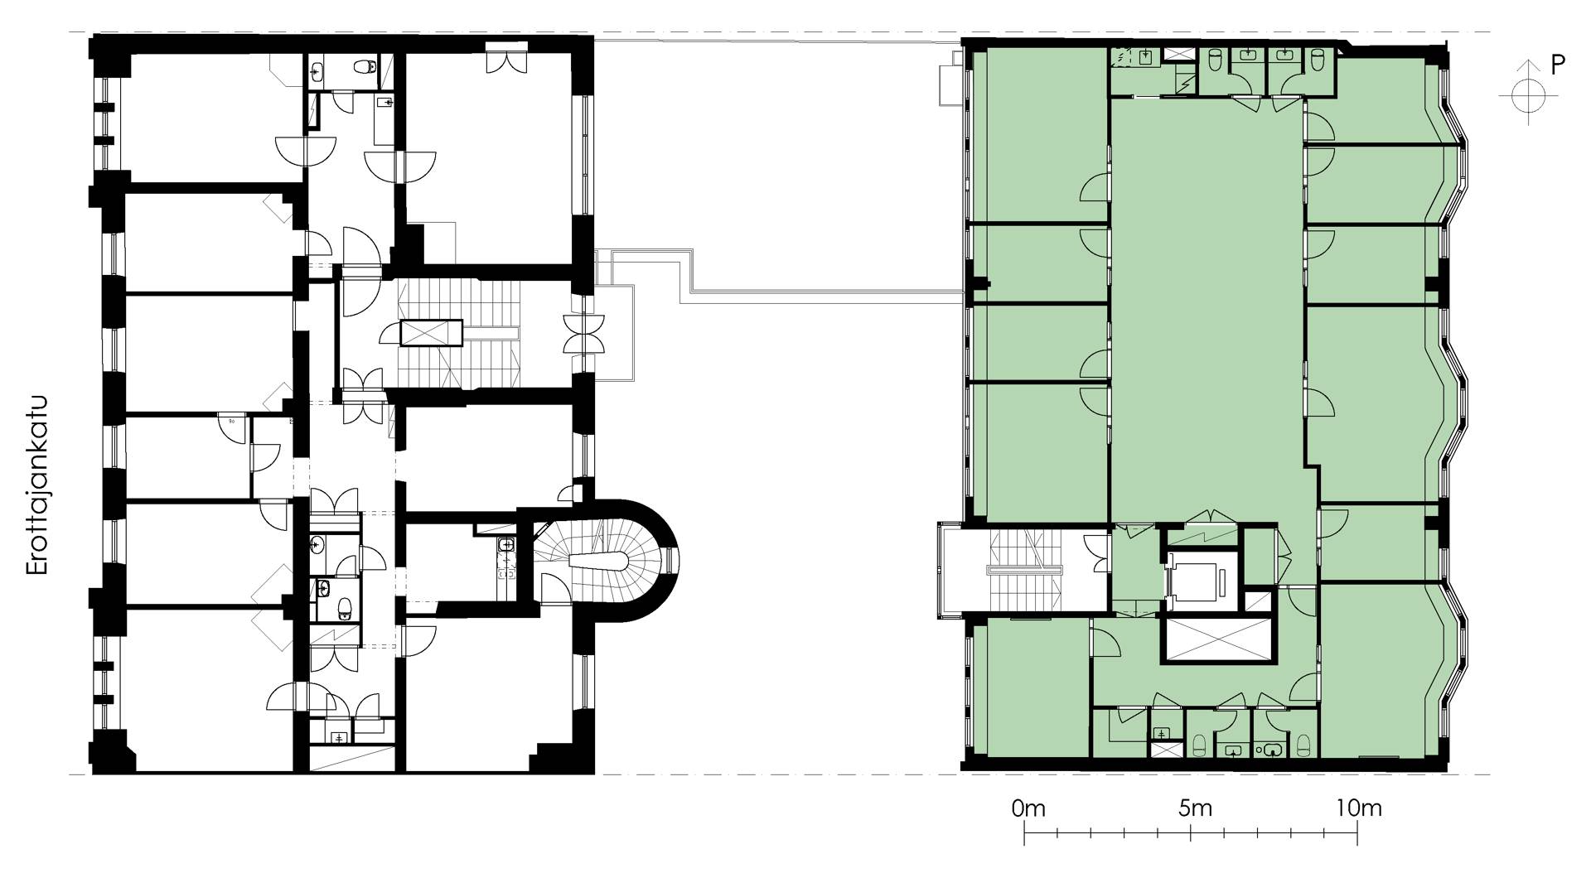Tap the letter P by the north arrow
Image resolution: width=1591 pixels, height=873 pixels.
tap(1558, 66)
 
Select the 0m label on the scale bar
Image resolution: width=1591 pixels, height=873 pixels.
tap(1028, 808)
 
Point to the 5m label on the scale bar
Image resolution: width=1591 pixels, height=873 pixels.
tap(1194, 808)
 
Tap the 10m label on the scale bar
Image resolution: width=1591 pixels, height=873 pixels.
tap(1358, 808)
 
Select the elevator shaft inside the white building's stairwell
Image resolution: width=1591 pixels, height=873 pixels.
tap(430, 332)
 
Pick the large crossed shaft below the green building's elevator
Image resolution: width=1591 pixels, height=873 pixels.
tap(1216, 639)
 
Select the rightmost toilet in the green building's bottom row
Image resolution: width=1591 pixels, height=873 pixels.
tap(1302, 745)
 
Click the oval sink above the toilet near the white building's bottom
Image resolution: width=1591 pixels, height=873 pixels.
tap(324, 589)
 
